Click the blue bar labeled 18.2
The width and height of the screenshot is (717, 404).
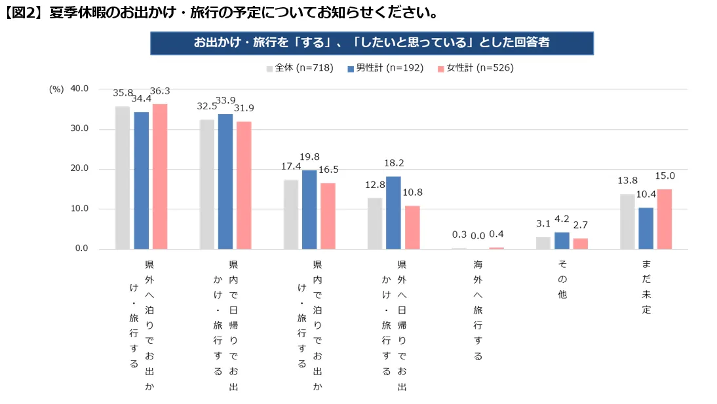[393, 213]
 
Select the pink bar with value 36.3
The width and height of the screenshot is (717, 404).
[160, 176]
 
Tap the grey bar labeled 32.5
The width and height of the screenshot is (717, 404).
[207, 184]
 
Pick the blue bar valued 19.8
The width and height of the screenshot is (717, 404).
[309, 210]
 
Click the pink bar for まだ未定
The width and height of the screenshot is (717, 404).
[665, 219]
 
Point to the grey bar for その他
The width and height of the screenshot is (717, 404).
[543, 243]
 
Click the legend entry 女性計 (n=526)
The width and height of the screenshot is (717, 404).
[475, 68]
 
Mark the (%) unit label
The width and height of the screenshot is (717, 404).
[56, 90]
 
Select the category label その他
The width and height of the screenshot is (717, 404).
[562, 280]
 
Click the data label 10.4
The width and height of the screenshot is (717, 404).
[646, 194]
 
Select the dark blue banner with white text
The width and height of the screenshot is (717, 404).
[372, 43]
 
